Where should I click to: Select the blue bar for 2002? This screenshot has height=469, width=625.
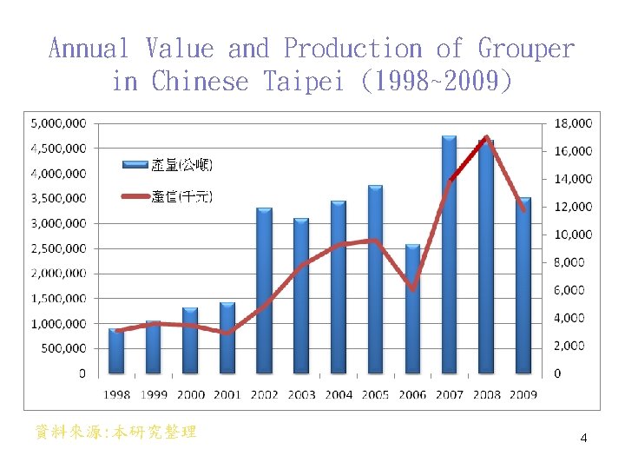(264, 291)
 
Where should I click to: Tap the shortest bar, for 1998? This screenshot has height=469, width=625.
(115, 352)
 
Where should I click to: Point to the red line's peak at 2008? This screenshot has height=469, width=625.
(487, 138)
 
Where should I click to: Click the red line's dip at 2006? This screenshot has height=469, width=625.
(413, 288)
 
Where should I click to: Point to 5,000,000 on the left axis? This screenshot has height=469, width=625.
(58, 123)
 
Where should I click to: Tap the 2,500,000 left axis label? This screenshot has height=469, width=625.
(58, 248)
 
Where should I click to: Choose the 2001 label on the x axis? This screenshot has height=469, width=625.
(227, 394)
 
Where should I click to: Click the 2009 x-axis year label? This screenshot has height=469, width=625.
(523, 394)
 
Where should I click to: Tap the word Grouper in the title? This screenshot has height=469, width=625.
(526, 48)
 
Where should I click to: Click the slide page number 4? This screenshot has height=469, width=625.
(583, 438)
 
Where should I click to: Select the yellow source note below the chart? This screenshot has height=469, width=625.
(115, 432)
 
